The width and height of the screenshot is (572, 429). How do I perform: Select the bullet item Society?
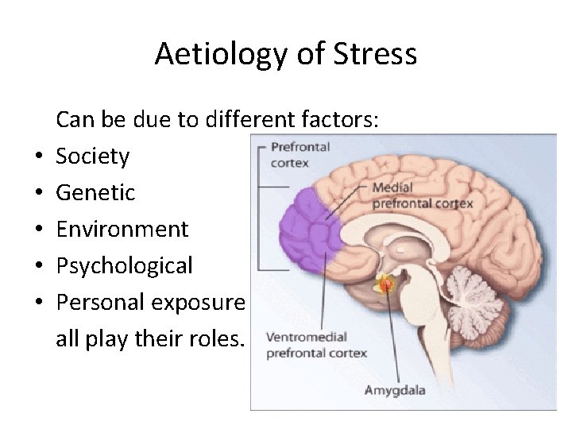click(92, 156)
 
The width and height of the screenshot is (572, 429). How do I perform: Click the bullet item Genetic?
click(95, 192)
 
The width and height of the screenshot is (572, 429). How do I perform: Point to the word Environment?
click(122, 229)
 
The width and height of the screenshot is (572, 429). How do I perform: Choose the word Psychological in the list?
click(124, 265)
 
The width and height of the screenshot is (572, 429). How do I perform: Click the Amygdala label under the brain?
click(395, 390)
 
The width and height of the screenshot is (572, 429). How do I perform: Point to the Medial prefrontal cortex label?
click(422, 195)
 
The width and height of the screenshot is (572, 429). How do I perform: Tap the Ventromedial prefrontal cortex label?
click(315, 345)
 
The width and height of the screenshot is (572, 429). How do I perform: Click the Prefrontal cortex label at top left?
click(300, 153)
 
